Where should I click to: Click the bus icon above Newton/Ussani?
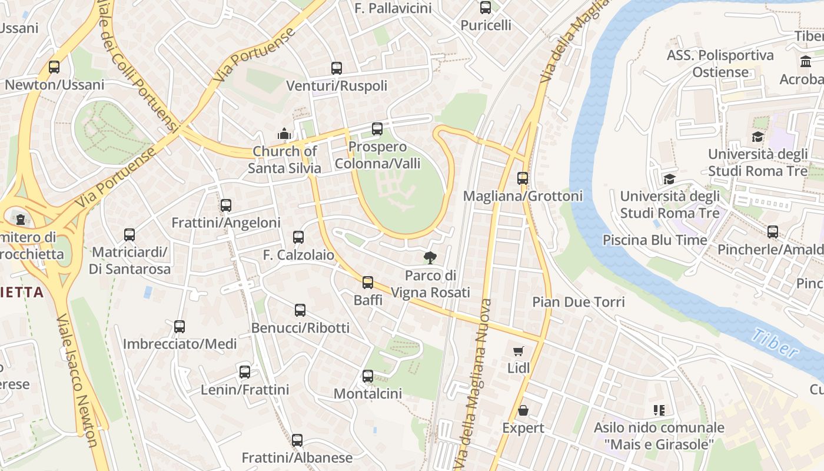click(54, 67)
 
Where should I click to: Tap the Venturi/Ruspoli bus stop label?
click(337, 86)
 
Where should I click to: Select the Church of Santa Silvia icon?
click(284, 134)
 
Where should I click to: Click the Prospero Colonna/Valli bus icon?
click(377, 128)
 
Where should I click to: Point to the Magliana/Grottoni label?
click(523, 196)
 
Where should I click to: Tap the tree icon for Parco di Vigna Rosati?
click(430, 257)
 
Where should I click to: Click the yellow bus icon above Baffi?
click(368, 283)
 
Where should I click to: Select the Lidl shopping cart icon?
click(519, 351)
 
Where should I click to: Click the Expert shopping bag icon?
click(523, 410)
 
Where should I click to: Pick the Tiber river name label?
click(775, 344)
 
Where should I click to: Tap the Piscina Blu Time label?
click(654, 240)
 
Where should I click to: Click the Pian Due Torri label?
click(579, 302)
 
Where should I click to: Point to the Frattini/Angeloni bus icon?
click(226, 205)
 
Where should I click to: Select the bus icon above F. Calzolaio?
click(298, 237)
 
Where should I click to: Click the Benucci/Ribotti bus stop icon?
click(300, 310)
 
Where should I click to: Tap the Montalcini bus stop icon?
click(368, 376)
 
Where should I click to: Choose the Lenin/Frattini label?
click(245, 390)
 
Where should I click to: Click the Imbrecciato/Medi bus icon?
click(180, 326)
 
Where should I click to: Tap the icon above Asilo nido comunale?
click(659, 410)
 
